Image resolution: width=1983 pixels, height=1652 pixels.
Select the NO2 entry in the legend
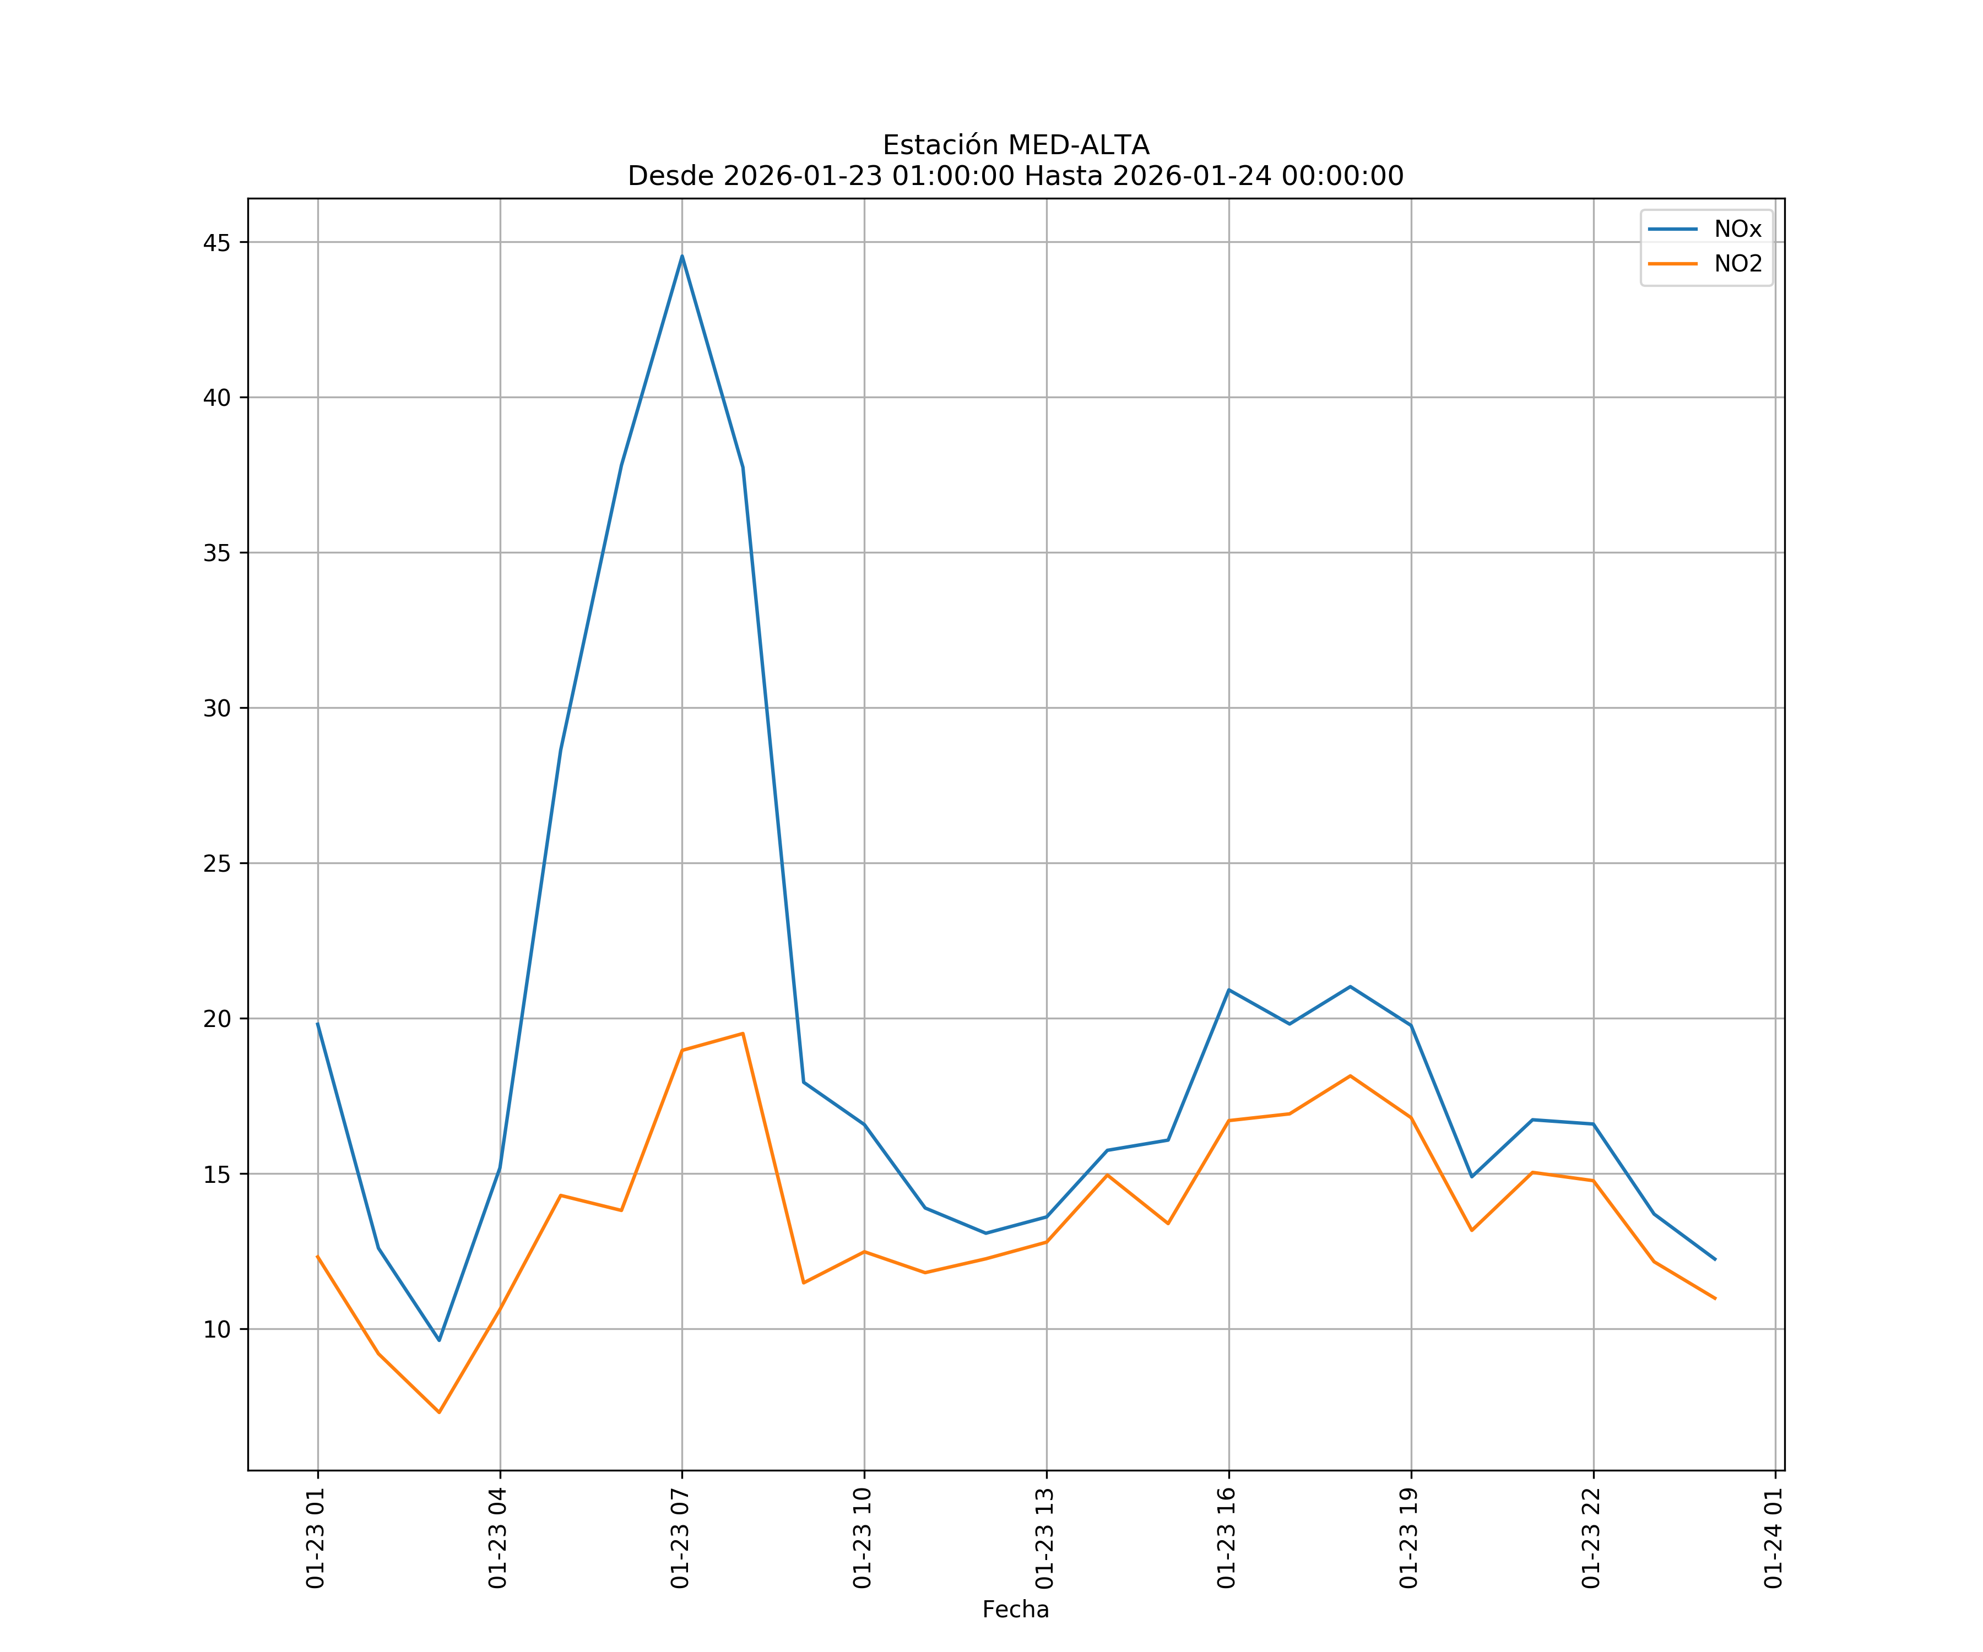[1737, 264]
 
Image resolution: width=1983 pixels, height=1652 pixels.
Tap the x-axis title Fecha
[1015, 1610]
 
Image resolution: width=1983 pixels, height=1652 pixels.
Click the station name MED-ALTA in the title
[1079, 145]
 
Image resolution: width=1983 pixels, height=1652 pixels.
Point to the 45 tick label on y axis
[216, 243]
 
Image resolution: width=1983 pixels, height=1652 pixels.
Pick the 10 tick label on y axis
[216, 1329]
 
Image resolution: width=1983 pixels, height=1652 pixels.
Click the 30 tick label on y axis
[216, 708]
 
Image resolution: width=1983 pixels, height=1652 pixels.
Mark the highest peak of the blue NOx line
[682, 256]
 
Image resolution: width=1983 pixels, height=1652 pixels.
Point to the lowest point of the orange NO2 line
[439, 1412]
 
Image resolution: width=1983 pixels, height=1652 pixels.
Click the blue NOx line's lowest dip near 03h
[439, 1340]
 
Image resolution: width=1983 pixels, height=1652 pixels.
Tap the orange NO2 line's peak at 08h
[742, 1034]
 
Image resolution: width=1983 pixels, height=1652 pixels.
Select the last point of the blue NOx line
[1715, 1259]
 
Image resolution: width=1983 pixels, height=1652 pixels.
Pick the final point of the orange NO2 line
[1715, 1299]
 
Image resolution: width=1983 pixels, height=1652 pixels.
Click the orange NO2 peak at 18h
[1350, 1075]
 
